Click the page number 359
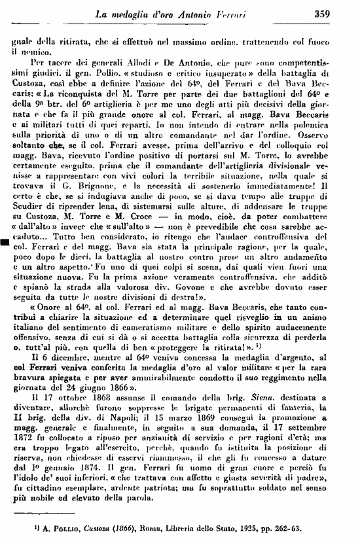point(340,11)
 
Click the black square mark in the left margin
point(5,243)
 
